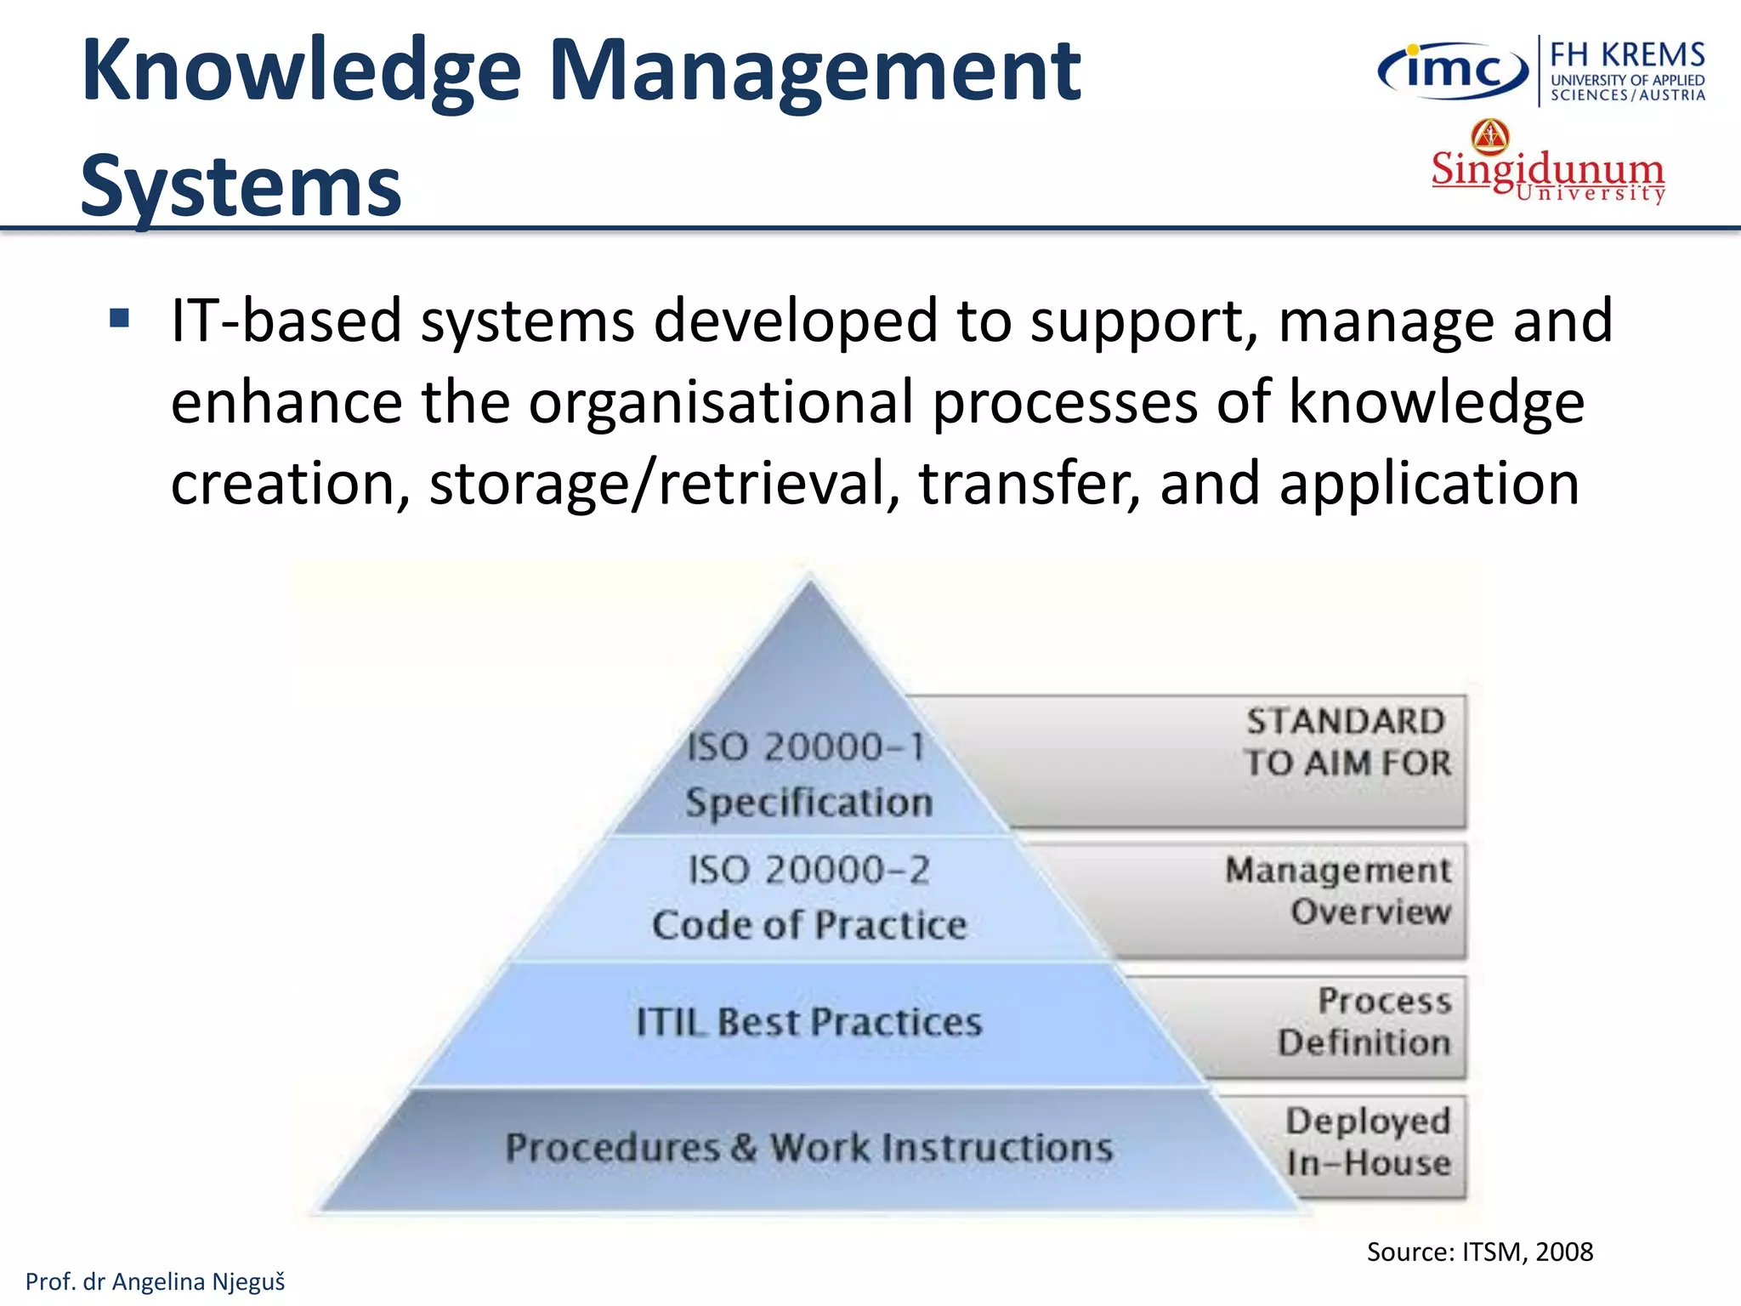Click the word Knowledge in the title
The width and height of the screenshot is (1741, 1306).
click(301, 71)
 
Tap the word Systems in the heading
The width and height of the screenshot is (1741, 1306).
click(241, 186)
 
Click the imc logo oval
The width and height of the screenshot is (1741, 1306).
click(1452, 71)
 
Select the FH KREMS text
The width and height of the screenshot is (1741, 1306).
click(1627, 55)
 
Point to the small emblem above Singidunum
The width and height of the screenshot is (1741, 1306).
click(1490, 135)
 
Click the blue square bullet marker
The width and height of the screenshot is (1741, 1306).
click(119, 320)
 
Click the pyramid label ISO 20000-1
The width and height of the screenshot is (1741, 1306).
click(805, 747)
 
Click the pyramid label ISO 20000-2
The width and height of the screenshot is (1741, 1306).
click(808, 870)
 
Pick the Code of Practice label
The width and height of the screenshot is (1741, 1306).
click(809, 924)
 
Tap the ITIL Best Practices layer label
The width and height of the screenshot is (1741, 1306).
click(808, 1021)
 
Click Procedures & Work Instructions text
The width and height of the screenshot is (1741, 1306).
click(808, 1147)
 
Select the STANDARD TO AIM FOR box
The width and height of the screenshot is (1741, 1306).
click(1347, 742)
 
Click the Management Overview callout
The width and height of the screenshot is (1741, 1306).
click(1338, 890)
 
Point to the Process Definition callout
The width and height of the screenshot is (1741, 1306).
click(1364, 1021)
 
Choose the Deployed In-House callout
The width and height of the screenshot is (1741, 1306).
click(1367, 1142)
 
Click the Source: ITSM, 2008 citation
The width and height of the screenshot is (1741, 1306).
click(1479, 1252)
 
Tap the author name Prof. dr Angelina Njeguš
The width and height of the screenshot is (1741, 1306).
click(156, 1281)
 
